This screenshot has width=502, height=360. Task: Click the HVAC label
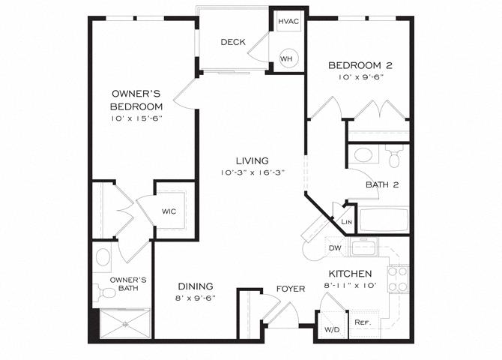pyautogui.click(x=288, y=22)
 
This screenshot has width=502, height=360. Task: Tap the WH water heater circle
pyautogui.click(x=287, y=58)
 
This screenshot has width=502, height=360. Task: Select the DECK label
pyautogui.click(x=233, y=42)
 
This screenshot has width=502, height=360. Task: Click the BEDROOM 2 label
pyautogui.click(x=360, y=66)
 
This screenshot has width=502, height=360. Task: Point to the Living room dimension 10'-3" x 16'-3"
pyautogui.click(x=252, y=172)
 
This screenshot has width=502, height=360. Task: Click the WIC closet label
pyautogui.click(x=169, y=211)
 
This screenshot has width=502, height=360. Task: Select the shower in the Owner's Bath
pyautogui.click(x=125, y=323)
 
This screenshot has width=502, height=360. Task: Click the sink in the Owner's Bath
pyautogui.click(x=103, y=257)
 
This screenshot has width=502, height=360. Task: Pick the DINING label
pyautogui.click(x=196, y=286)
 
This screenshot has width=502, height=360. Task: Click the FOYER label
pyautogui.click(x=291, y=289)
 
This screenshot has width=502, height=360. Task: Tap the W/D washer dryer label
pyautogui.click(x=332, y=329)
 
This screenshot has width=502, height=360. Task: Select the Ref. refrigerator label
pyautogui.click(x=363, y=322)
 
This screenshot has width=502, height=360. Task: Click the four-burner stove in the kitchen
pyautogui.click(x=398, y=279)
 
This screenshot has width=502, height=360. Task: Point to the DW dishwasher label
pyautogui.click(x=335, y=247)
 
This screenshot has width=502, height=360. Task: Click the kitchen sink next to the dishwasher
pyautogui.click(x=364, y=247)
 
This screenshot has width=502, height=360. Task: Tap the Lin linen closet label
pyautogui.click(x=346, y=221)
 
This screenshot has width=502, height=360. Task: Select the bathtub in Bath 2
pyautogui.click(x=384, y=220)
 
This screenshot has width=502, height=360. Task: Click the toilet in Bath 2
pyautogui.click(x=394, y=156)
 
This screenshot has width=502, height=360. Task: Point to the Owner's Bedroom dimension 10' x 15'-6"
pyautogui.click(x=137, y=118)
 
